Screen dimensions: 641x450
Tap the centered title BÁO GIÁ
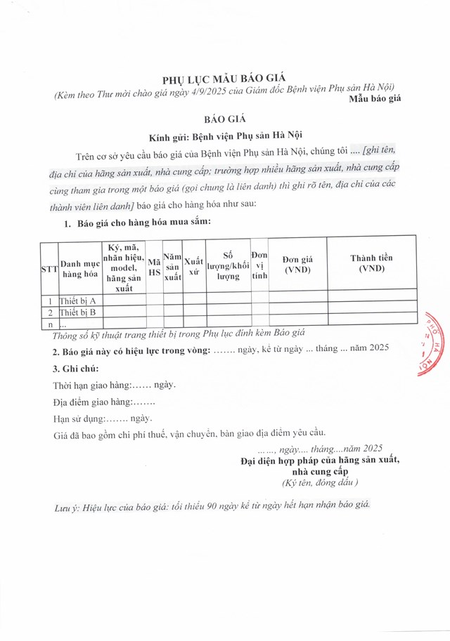[x=225, y=120]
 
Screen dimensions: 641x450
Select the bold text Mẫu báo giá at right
[x=375, y=99]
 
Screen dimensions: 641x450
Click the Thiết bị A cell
[x=79, y=301]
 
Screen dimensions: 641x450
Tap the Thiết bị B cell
[x=79, y=312]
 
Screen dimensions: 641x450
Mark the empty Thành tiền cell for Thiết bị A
[x=371, y=301]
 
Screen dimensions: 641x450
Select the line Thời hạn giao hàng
[x=115, y=385]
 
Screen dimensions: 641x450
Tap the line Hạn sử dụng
[x=103, y=418]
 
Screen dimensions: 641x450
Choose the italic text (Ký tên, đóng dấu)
[x=320, y=483]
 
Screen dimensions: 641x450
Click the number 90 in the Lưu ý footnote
[x=213, y=506]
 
